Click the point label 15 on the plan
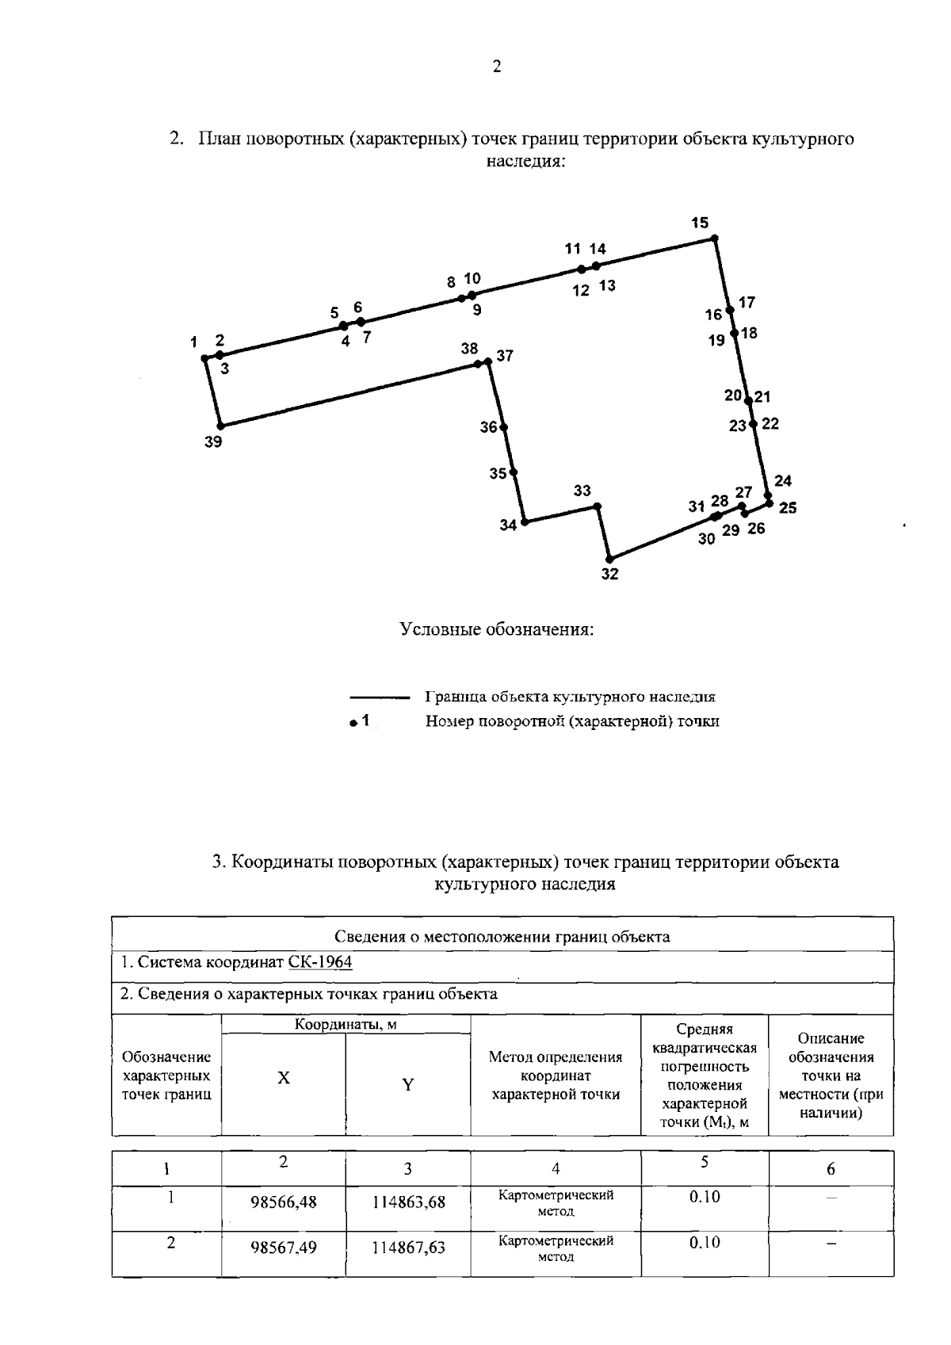point(699,223)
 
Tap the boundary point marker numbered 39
point(221,426)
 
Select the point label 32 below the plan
point(609,575)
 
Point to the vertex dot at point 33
point(598,506)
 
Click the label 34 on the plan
point(508,525)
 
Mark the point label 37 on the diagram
point(505,356)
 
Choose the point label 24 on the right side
point(783,481)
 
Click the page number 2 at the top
point(497,67)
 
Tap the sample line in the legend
point(379,698)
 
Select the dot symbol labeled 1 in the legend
point(353,723)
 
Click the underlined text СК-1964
point(320,962)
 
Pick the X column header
point(283,1078)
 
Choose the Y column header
point(407,1085)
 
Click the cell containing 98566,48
point(283,1202)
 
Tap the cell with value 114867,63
point(408,1248)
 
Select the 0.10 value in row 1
point(705,1197)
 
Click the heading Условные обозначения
point(497,630)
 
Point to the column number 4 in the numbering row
point(556,1168)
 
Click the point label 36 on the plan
point(488,427)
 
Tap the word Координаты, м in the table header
point(346,1024)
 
